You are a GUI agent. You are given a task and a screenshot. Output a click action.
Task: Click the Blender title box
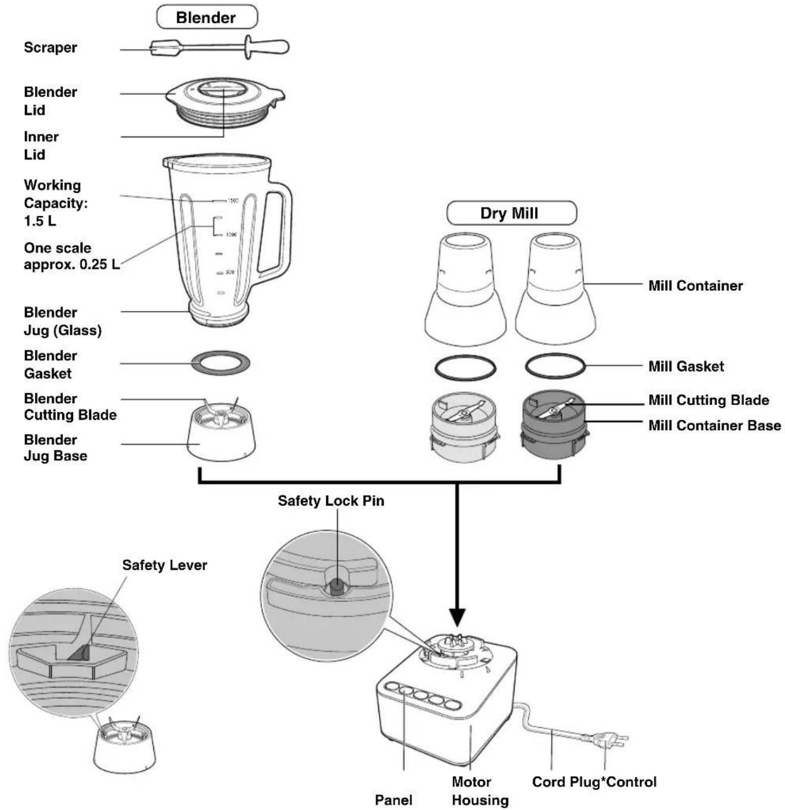[207, 17]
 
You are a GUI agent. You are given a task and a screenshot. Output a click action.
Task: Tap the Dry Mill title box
[511, 213]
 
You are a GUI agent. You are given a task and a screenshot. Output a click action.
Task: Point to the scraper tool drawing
[219, 48]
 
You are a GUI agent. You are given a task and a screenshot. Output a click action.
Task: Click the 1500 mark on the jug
[232, 200]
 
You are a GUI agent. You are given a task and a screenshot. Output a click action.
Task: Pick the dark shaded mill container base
[553, 425]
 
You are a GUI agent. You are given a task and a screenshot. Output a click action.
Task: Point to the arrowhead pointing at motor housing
[457, 618]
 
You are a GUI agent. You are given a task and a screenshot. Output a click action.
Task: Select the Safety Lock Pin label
[331, 500]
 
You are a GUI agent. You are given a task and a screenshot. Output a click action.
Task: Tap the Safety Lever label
[165, 565]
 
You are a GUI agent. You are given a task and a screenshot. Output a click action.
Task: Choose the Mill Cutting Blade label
[709, 400]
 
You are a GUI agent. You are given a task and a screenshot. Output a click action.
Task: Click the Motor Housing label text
[481, 790]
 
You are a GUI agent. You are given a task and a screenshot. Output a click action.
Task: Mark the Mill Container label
[695, 285]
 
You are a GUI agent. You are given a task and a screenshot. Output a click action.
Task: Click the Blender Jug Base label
[56, 447]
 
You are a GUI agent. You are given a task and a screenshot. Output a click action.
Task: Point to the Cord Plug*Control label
[594, 781]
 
